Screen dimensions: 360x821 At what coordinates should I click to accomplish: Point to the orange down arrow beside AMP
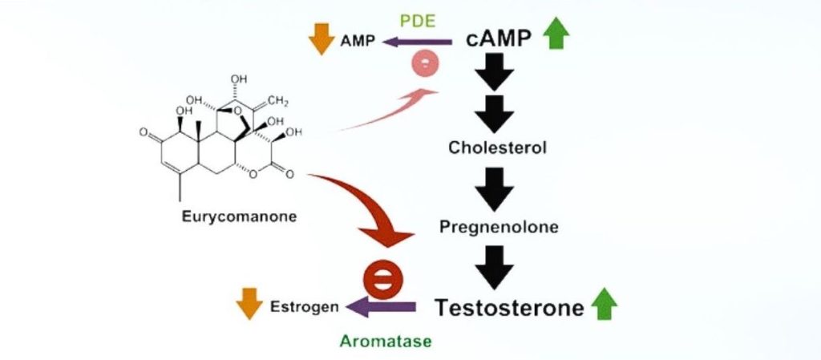point(321,40)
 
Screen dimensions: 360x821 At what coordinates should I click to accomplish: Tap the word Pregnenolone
point(499,226)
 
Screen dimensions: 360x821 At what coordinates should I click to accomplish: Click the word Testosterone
point(509,308)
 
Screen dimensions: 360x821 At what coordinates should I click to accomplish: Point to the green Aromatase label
point(386,341)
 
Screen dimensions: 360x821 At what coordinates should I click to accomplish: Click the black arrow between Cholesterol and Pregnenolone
point(495,188)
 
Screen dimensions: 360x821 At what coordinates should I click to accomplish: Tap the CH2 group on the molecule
point(277,100)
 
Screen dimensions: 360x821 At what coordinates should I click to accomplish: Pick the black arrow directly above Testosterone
point(495,267)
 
